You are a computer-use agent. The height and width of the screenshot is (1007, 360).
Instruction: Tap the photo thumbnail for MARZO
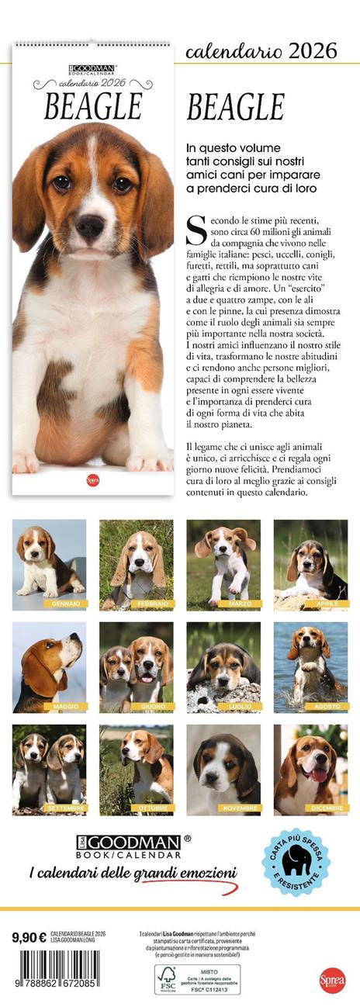coord(223,563)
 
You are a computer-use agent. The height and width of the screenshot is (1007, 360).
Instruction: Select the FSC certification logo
coord(166,979)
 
